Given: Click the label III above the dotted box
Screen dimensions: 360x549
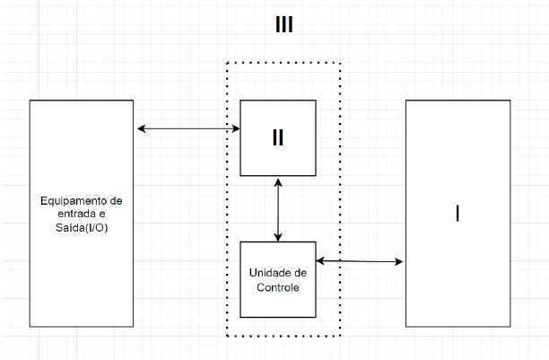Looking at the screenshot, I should point(283,25).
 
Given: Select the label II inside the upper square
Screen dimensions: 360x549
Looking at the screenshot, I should point(278,138).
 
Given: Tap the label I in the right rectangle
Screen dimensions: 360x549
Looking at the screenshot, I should point(457,214).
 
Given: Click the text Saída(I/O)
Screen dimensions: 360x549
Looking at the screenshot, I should point(82,228).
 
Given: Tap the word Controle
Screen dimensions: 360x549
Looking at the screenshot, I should point(278,288).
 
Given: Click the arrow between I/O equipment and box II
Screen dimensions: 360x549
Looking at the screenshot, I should point(188,129).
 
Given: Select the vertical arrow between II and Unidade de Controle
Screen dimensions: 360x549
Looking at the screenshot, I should point(278,209).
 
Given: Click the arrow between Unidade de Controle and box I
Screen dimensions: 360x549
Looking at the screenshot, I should point(359,261).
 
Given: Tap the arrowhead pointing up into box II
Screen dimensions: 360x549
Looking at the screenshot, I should point(278,181).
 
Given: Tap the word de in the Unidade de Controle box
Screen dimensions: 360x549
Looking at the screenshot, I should point(301,273).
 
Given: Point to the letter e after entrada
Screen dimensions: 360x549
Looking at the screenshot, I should point(101,214).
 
